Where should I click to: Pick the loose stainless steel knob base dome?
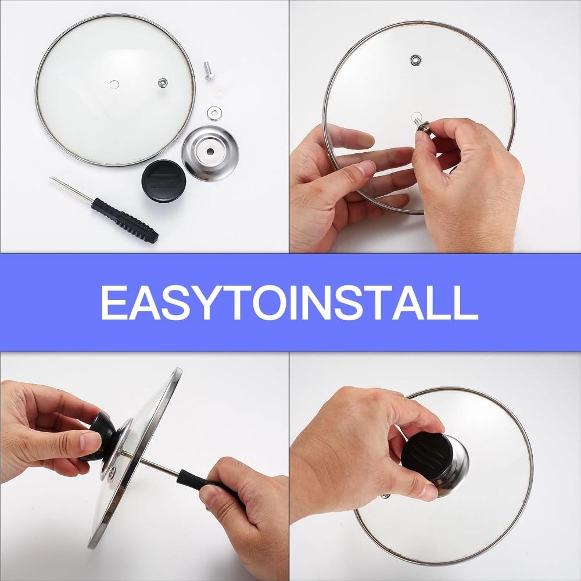coord(209,153)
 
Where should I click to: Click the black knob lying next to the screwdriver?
coord(164,181)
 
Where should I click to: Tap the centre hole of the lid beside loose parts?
coord(114,85)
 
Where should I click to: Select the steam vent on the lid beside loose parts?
coord(163,83)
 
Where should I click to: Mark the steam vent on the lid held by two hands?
coord(415,60)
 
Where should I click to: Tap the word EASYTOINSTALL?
coord(289,302)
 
